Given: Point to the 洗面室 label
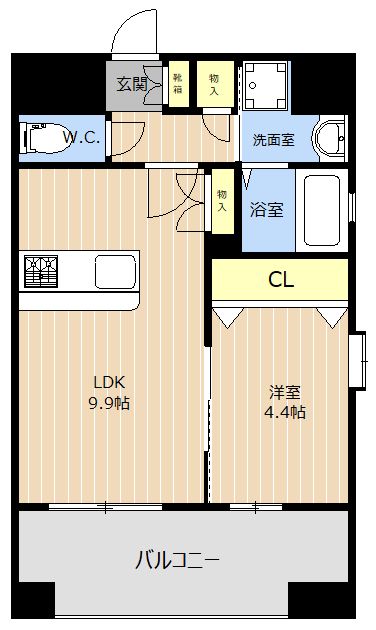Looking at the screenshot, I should click(273, 140).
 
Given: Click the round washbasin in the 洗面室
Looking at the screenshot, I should click(328, 138).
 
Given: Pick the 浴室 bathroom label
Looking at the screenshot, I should click(265, 210).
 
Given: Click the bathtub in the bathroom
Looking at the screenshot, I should click(322, 212).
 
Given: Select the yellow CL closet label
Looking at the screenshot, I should click(281, 280).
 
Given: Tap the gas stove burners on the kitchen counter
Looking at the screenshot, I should click(42, 271).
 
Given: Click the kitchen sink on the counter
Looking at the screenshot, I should click(115, 271).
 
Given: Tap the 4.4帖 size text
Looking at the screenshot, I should click(285, 411).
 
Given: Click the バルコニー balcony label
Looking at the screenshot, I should click(177, 560).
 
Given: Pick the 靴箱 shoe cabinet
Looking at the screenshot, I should click(178, 83).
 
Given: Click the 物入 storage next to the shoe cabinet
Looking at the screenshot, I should click(215, 83).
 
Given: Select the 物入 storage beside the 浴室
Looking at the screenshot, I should click(222, 202).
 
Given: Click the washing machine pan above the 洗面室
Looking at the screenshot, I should click(265, 87).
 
